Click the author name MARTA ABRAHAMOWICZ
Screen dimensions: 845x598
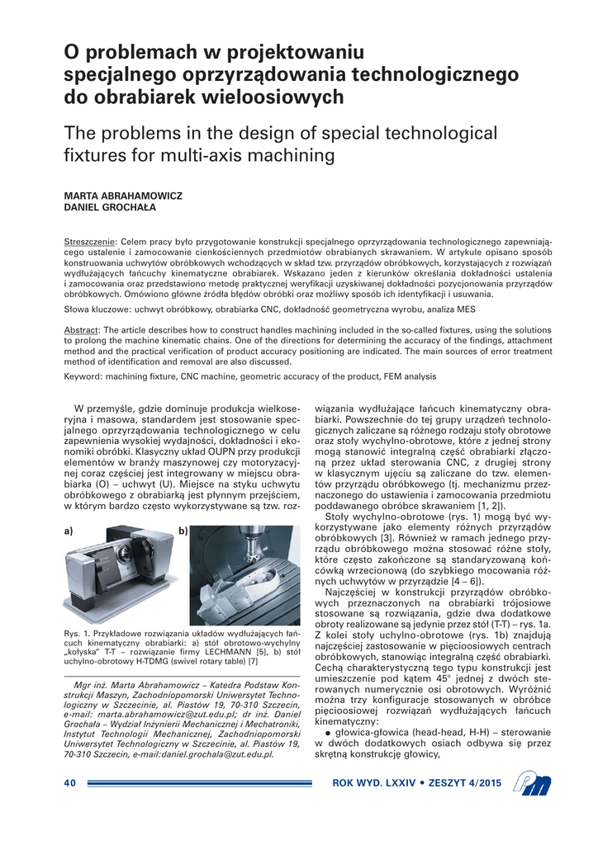123,196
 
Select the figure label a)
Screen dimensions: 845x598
69,532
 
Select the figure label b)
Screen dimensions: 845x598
183,532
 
